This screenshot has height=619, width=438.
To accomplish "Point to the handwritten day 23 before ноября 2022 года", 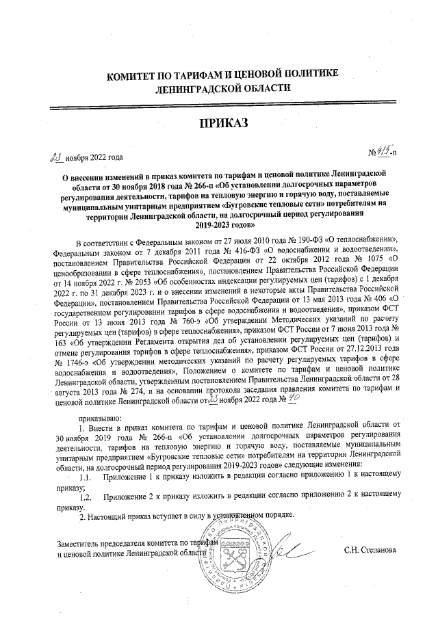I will click(53, 157).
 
